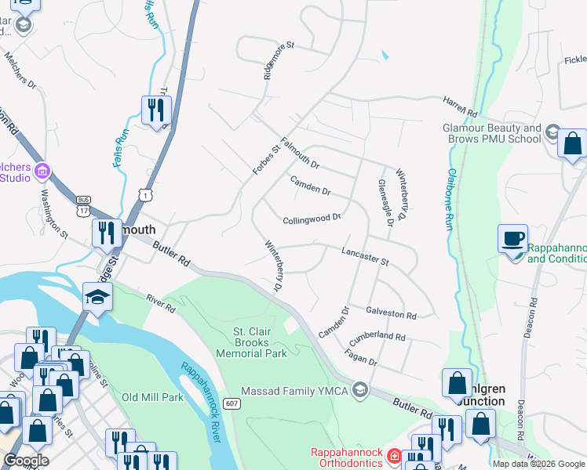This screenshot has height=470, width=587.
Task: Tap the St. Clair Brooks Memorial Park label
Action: point(261,342)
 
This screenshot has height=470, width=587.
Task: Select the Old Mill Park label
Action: point(152,397)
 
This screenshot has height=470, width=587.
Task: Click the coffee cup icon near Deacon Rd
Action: point(512,239)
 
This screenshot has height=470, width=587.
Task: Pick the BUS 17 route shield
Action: point(83,207)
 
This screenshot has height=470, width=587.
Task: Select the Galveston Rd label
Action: point(391,313)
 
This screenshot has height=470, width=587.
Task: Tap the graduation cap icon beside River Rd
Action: point(98,298)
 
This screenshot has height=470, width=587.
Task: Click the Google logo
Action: point(26,460)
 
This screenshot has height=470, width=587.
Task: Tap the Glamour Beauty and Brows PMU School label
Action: point(492,133)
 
